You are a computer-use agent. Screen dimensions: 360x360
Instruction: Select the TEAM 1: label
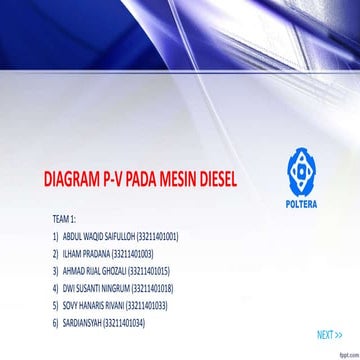pos(65,217)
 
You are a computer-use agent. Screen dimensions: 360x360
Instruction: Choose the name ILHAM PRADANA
pos(87,253)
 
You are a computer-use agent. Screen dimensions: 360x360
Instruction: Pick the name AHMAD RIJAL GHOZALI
pos(95,271)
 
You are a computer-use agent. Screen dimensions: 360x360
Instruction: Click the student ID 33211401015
pos(150,271)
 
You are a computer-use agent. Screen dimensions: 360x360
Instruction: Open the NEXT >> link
pos(329,335)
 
